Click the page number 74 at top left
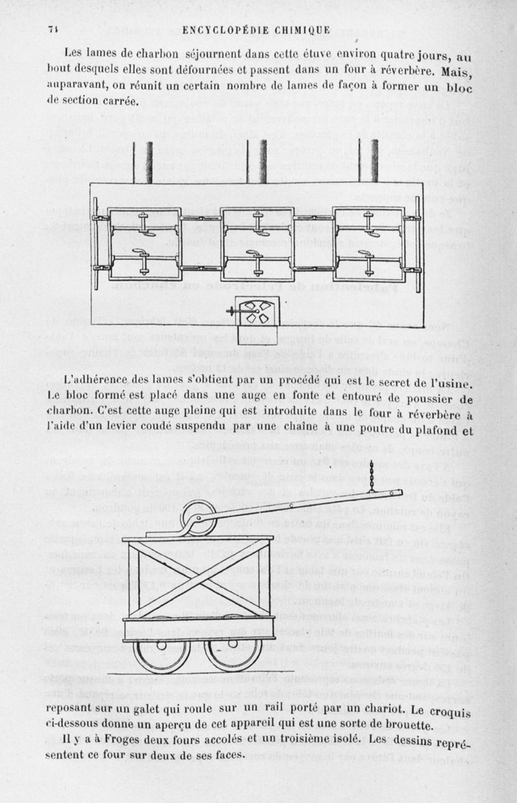pos(54,30)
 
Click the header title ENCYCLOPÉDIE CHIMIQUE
pos(257,30)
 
